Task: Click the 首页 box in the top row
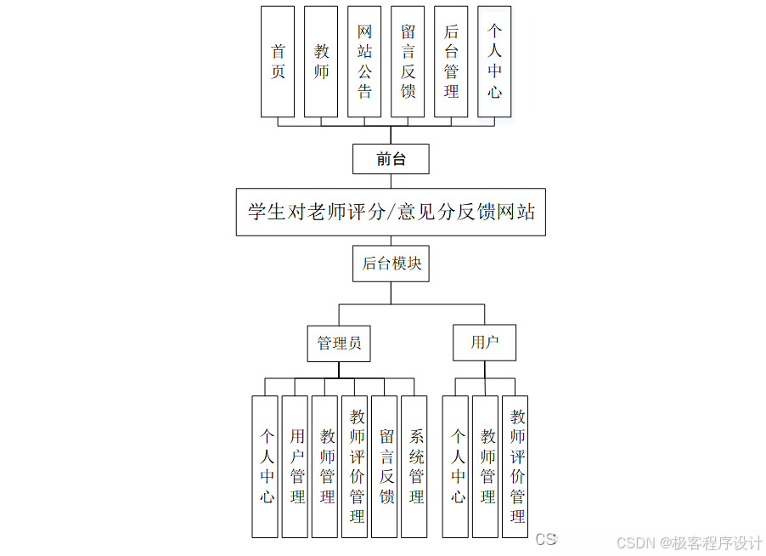click(278, 61)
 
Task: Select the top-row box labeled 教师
click(321, 61)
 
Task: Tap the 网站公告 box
click(364, 61)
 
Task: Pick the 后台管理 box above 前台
click(451, 61)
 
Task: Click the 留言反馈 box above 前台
click(408, 61)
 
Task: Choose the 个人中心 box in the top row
click(494, 61)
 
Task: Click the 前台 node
click(391, 159)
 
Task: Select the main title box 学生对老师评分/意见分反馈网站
click(391, 212)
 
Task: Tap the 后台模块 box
click(391, 264)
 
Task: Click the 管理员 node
click(339, 343)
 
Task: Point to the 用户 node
click(484, 343)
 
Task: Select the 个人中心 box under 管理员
click(265, 466)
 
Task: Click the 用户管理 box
click(295, 466)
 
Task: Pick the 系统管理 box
click(414, 466)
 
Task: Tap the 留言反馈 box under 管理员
click(385, 466)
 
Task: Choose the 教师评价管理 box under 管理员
click(355, 466)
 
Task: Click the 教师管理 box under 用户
click(486, 466)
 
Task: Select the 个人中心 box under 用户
click(456, 466)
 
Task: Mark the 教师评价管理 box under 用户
click(515, 466)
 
